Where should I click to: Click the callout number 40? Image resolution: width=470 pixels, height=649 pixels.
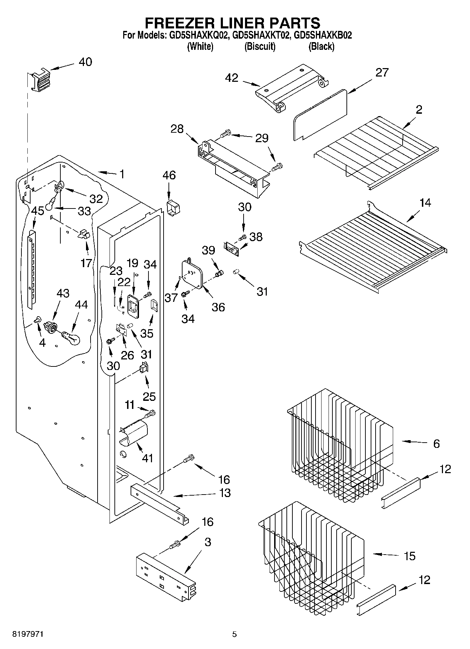pos(85,62)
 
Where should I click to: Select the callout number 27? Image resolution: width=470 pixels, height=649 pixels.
pos(382,72)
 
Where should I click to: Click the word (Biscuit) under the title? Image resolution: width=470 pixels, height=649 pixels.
pos(260,46)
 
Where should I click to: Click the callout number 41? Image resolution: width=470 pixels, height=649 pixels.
pos(147,458)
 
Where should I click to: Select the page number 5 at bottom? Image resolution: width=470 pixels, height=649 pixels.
pos(234,634)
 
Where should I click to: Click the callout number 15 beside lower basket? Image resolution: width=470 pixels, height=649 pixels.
pos(410,556)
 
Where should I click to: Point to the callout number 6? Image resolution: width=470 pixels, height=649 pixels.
pos(436,444)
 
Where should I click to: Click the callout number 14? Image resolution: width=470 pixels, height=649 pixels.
pos(425,203)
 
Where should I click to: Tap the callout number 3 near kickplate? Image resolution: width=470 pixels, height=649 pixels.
pos(208,542)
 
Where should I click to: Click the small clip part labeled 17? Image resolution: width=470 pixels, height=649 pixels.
pos(84,234)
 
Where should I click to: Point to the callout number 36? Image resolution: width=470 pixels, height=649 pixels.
pos(218,307)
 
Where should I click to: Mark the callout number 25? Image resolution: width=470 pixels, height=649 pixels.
pos(149,396)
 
